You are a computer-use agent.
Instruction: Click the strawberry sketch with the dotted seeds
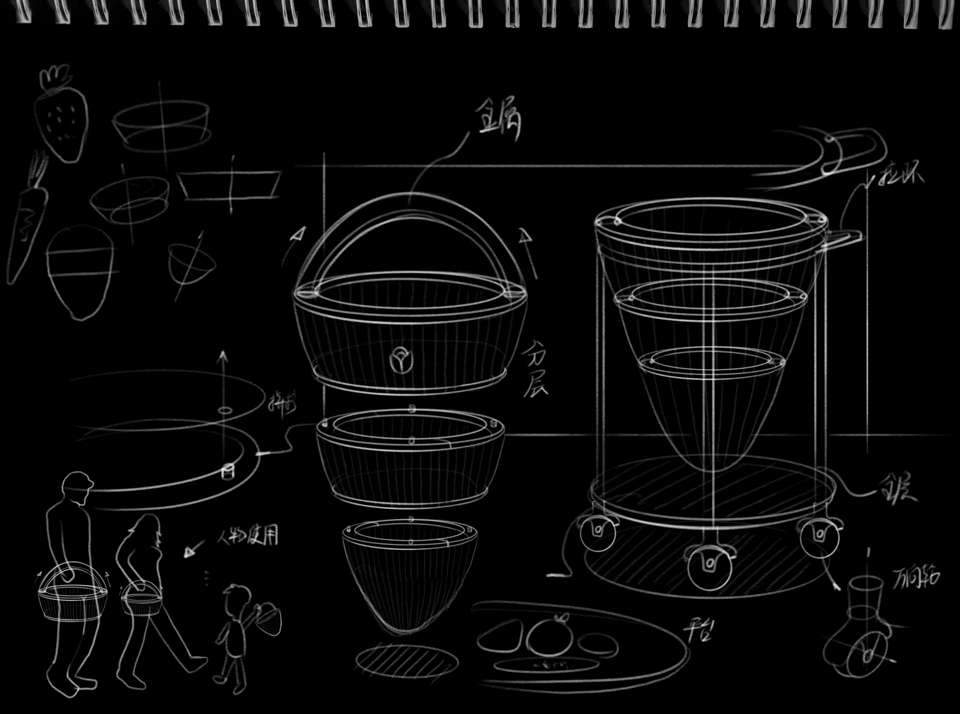[62, 121]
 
